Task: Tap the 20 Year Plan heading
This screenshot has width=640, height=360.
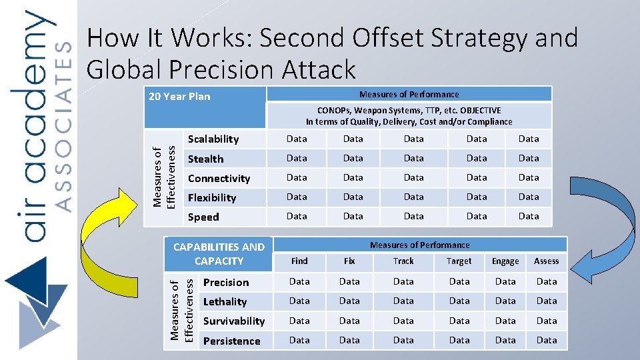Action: tap(179, 96)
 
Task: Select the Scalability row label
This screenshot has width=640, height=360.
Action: tap(213, 139)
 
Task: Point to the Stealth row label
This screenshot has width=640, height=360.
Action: tap(205, 159)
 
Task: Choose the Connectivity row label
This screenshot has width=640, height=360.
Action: tap(219, 178)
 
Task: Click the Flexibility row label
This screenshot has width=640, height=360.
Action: tap(211, 197)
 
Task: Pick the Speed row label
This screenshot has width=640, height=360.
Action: tap(203, 217)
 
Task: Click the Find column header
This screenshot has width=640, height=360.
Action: tap(299, 261)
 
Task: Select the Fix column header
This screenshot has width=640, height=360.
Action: tap(349, 261)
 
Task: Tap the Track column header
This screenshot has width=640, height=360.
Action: tap(403, 261)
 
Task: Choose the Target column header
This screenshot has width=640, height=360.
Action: tap(459, 261)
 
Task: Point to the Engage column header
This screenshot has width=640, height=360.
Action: tap(505, 261)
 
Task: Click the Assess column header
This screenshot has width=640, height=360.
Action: tap(547, 261)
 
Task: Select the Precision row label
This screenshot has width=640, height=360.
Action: tap(226, 282)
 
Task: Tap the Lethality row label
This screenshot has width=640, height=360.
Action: tap(225, 301)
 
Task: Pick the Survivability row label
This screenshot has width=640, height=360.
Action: tap(234, 321)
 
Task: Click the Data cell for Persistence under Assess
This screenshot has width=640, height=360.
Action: tap(547, 340)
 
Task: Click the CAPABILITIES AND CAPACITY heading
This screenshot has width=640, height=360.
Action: tap(219, 253)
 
